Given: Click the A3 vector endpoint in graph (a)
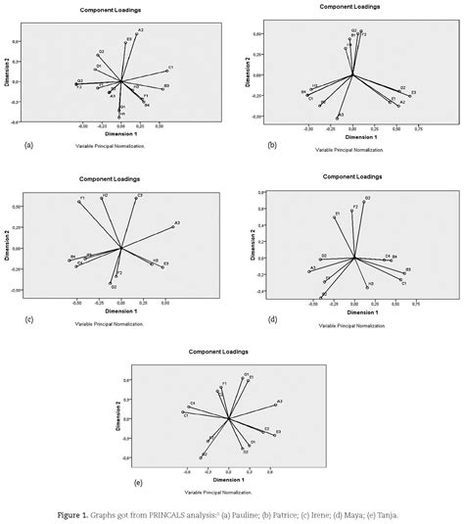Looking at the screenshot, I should [138, 34].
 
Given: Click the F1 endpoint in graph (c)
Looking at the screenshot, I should [80, 202].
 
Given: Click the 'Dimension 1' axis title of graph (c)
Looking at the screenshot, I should [120, 312].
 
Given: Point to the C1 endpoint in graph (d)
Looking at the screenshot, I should [400, 280].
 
